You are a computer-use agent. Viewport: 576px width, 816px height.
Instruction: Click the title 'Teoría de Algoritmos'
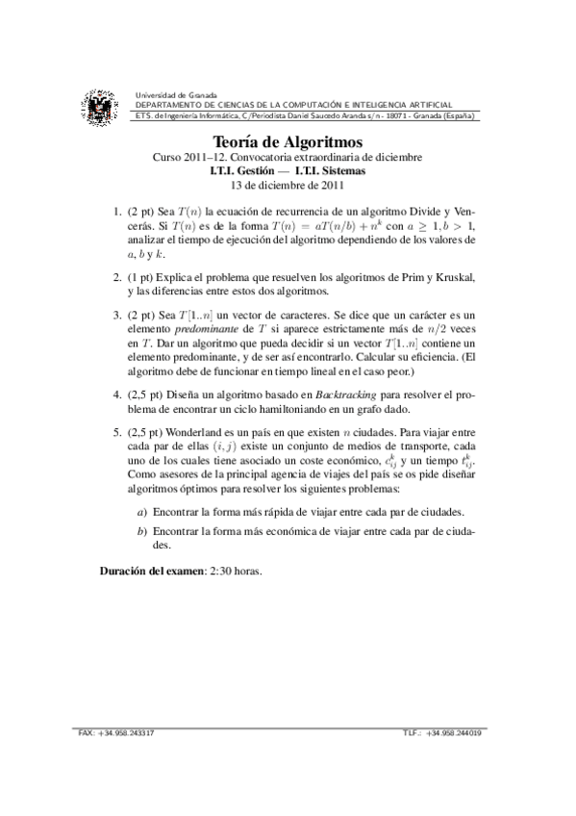pos(288,140)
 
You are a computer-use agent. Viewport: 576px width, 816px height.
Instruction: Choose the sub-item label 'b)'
pos(143,531)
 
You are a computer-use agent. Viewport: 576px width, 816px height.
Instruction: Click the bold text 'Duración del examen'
pos(152,570)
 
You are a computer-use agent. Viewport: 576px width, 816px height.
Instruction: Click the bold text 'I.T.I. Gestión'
pos(250,171)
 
